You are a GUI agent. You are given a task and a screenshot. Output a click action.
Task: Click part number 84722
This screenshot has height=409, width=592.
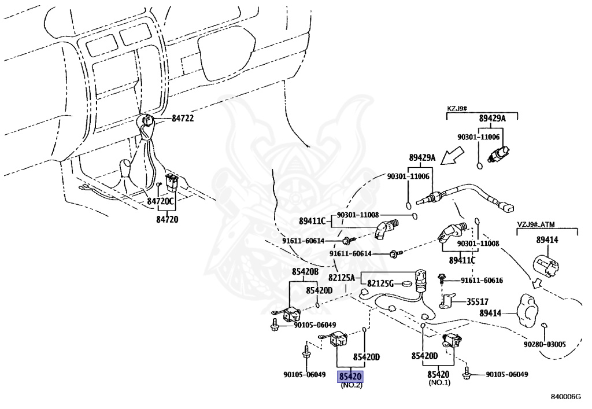182,118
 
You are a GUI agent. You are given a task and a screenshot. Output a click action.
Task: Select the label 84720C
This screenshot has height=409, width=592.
160,201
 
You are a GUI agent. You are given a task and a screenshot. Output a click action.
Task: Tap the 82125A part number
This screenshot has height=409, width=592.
342,277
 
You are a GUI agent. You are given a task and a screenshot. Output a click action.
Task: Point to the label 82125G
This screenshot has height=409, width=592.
380,283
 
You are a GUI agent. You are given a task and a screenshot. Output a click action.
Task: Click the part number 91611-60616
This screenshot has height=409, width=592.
482,281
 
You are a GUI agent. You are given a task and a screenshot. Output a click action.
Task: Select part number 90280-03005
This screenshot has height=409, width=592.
544,344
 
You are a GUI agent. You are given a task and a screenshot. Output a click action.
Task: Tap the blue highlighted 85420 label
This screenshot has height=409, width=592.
350,376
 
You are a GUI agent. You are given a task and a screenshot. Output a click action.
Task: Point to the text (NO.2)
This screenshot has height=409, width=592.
350,385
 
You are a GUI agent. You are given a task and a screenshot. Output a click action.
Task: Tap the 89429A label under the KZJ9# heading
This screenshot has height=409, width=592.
492,119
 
